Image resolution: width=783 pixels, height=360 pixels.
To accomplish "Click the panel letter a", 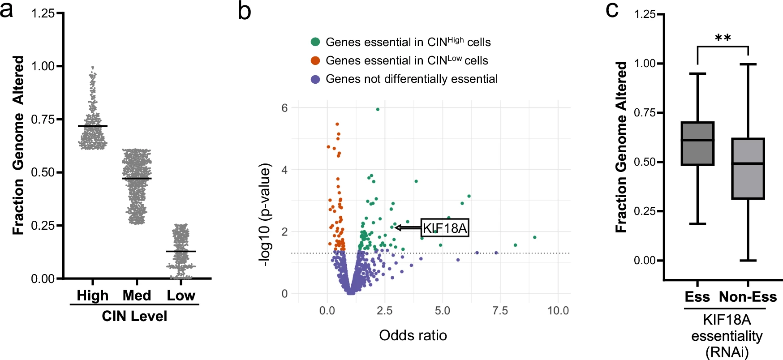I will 7,10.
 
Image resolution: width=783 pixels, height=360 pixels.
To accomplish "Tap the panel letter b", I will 244,11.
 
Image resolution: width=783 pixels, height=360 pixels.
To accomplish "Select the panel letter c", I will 612,10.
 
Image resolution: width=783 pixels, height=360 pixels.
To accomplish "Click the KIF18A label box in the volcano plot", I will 445,228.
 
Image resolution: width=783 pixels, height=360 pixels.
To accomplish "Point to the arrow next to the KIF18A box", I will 407,228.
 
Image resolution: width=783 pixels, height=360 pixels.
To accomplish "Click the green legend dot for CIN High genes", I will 315,42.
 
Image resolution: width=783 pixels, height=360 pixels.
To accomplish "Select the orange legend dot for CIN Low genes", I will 315,60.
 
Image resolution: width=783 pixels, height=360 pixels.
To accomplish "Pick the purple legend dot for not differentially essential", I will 315,79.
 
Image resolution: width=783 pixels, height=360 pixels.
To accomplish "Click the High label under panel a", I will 93,296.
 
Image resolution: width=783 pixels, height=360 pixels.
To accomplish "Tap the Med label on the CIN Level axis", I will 137,296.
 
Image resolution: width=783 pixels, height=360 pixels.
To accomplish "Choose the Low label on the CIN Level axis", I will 181,296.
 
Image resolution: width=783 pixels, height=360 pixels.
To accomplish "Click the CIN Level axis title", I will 134,316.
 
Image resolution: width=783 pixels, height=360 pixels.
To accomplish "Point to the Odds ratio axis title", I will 413,335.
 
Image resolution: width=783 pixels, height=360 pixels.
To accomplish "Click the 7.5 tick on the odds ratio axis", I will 500,310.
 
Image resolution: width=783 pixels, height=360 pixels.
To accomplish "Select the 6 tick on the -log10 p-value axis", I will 284,108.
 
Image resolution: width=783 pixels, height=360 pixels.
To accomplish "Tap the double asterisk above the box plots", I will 723,38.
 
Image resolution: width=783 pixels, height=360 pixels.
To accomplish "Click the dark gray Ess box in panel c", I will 697,144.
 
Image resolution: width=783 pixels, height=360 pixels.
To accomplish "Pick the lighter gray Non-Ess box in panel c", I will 748,168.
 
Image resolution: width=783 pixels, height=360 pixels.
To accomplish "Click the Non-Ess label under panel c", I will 748,297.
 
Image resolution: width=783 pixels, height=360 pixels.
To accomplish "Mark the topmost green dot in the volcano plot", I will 378,109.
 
